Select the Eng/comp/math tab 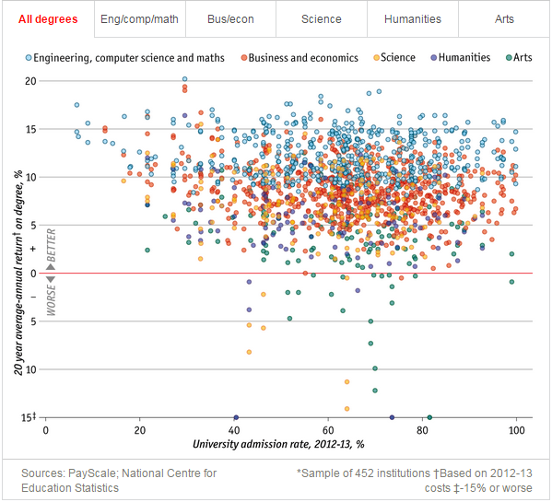point(139,18)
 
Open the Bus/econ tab point(230,18)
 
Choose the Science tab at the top point(322,18)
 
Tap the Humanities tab point(412,18)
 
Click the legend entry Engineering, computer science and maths point(136,58)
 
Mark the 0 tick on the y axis point(33,274)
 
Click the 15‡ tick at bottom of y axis point(29,418)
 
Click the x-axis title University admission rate point(278,445)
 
